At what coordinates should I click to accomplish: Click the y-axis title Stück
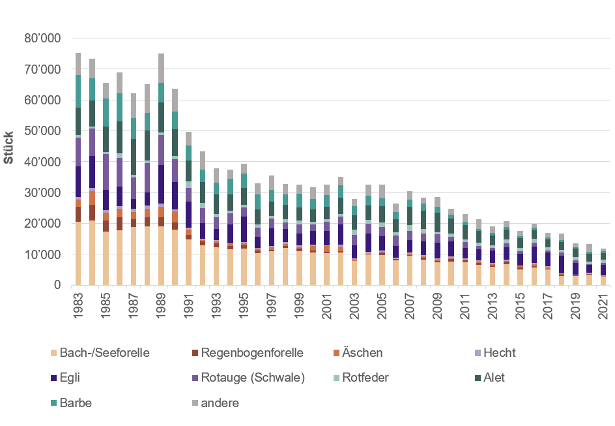pyautogui.click(x=9, y=151)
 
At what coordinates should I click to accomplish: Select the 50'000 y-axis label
pyautogui.click(x=42, y=130)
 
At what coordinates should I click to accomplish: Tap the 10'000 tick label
pyautogui.click(x=42, y=254)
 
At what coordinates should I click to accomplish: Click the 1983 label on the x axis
pyautogui.click(x=78, y=306)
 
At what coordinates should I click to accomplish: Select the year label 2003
pyautogui.click(x=354, y=306)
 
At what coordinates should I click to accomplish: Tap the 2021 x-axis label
pyautogui.click(x=604, y=306)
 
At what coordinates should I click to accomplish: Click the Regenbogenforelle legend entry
pyautogui.click(x=251, y=353)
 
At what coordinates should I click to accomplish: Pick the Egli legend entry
pyautogui.click(x=72, y=378)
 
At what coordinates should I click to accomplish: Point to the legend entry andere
pyautogui.click(x=220, y=403)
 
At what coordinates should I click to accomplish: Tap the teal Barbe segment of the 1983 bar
pyautogui.click(x=78, y=91)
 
